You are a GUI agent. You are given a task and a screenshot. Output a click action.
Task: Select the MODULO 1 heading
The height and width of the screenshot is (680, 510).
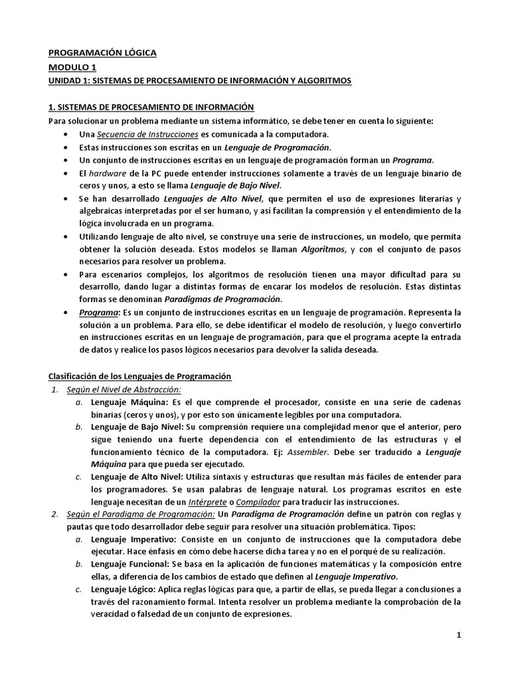(72, 67)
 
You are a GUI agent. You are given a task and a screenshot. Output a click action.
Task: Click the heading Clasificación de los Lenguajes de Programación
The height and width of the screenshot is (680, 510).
(140, 377)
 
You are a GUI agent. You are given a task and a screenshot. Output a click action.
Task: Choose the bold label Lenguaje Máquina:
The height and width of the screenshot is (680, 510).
(129, 402)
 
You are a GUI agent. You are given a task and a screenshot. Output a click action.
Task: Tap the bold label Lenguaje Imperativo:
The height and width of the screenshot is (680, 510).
(133, 539)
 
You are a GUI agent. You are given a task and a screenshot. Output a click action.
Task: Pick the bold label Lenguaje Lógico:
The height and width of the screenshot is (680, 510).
(124, 589)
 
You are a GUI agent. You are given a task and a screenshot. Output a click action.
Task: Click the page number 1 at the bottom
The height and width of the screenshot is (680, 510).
(458, 635)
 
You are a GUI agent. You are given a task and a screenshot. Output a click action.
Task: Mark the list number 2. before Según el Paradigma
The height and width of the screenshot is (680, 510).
(54, 515)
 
